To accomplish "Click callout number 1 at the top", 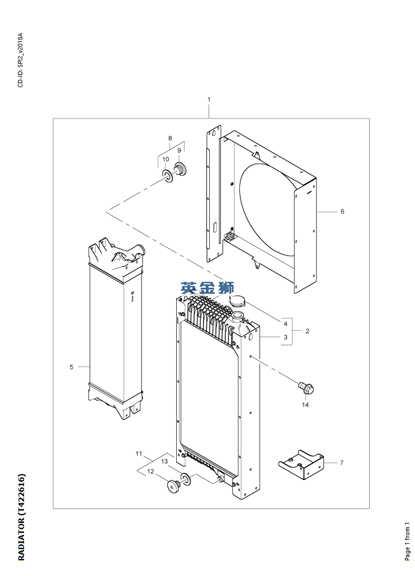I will tap(209, 99).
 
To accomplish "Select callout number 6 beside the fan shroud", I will tap(342, 212).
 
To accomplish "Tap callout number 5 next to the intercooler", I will tap(72, 366).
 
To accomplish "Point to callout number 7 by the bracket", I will tap(341, 463).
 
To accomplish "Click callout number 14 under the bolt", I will tap(305, 404).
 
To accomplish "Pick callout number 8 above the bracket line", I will tap(170, 138).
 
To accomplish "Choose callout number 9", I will tap(180, 150).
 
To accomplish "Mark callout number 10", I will tap(166, 159).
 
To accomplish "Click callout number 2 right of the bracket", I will tap(307, 331).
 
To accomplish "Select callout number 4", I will tap(285, 323).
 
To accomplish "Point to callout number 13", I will tap(164, 461).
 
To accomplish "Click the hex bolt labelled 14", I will tap(304, 386).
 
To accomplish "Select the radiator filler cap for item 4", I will tap(236, 302).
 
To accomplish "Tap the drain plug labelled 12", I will tap(173, 487).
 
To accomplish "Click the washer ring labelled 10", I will tap(167, 177).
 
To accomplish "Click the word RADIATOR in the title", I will tap(21, 536).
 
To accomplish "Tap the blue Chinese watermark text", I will tap(207, 289).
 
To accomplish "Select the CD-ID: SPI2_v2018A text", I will tap(21, 61).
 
